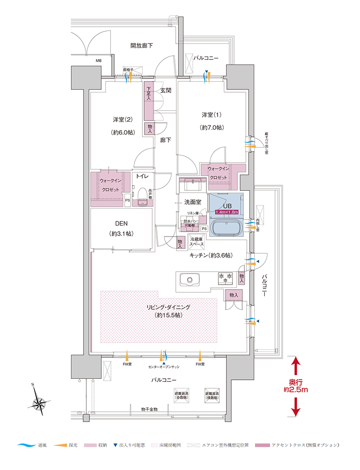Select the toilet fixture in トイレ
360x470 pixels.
click(x=141, y=195)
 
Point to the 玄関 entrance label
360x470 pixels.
click(x=165, y=90)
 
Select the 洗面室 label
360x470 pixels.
click(x=192, y=202)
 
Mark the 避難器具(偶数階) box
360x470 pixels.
click(x=214, y=395)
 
